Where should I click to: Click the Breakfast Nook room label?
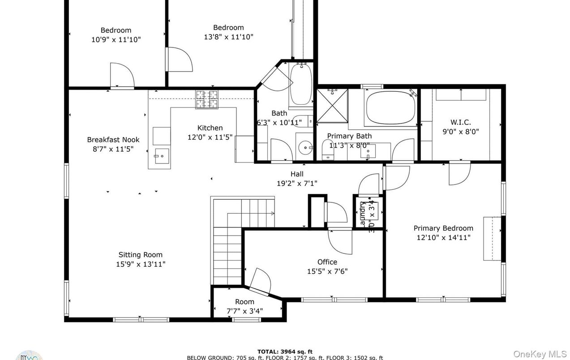113,140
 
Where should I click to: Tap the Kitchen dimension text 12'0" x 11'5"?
210,137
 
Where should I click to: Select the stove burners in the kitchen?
207,99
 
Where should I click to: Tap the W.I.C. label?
460,122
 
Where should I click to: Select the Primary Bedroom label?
443,228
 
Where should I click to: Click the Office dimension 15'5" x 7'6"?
327,271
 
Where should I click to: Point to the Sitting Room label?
141,255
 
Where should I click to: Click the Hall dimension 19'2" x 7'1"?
296,183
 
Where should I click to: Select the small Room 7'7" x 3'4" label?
244,302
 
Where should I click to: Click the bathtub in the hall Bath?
300,85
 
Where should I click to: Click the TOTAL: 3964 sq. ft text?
285,351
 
